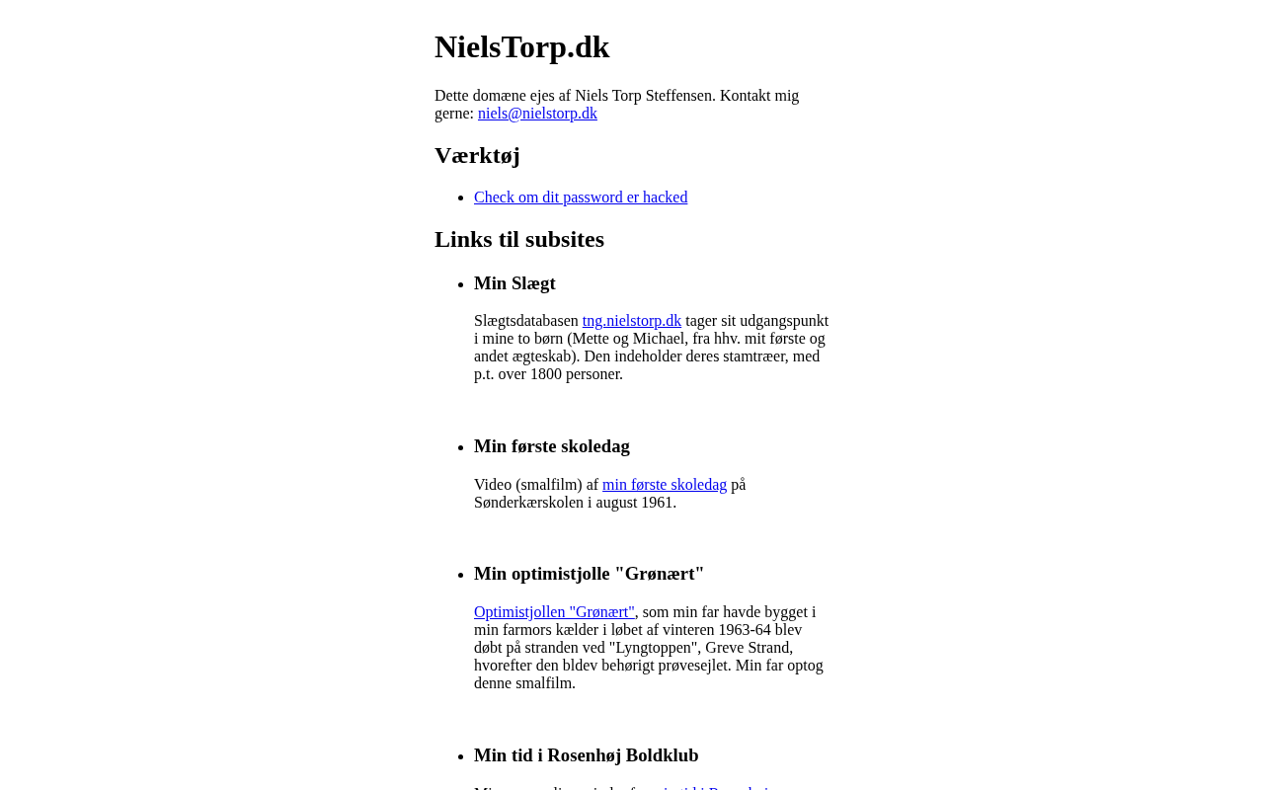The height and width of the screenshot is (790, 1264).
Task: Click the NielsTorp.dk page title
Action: point(521,47)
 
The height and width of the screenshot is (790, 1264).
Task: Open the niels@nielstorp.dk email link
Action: point(537,114)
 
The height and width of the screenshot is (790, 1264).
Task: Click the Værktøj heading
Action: point(477,156)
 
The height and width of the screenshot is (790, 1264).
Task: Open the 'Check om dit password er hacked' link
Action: point(581,197)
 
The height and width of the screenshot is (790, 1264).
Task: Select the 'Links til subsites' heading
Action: point(519,240)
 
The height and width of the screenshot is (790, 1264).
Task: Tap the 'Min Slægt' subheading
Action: point(514,283)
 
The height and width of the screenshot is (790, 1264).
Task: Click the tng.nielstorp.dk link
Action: point(631,321)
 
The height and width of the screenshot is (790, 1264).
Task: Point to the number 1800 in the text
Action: point(547,374)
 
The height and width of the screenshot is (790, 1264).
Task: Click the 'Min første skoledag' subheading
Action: point(551,446)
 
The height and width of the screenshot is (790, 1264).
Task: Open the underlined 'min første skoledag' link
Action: point(664,485)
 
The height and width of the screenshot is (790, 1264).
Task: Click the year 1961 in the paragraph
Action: point(658,503)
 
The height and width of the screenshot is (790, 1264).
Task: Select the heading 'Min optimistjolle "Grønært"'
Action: point(589,574)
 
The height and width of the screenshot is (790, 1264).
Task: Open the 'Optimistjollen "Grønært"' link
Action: point(554,612)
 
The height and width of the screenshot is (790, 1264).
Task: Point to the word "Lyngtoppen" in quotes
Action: point(652,648)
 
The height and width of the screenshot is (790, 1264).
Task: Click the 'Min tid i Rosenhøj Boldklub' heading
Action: point(586,755)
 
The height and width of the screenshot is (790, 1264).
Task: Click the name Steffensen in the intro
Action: point(679,96)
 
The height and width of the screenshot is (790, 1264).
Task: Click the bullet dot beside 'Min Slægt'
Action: point(460,284)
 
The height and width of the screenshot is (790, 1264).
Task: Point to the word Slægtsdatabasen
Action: point(525,321)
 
